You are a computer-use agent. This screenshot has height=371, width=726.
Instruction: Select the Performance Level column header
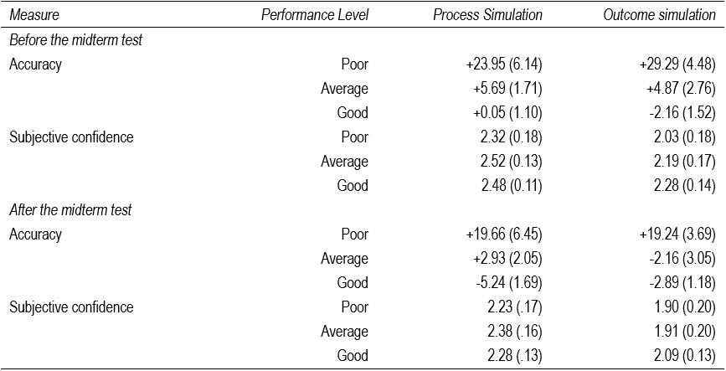tap(315, 15)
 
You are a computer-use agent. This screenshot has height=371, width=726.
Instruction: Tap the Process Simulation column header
tap(487, 15)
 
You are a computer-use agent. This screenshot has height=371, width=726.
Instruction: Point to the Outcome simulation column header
tap(660, 15)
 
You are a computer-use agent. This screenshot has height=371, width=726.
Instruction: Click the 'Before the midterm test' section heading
tap(75, 39)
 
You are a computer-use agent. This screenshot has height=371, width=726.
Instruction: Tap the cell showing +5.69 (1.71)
tap(502, 88)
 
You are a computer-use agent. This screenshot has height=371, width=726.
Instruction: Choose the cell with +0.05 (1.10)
tap(502, 112)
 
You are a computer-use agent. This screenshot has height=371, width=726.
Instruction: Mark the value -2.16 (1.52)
tap(673, 112)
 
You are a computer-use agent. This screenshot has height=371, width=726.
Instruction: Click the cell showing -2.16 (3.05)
tap(673, 259)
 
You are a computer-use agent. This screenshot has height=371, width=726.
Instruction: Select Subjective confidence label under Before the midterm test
tap(71, 137)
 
